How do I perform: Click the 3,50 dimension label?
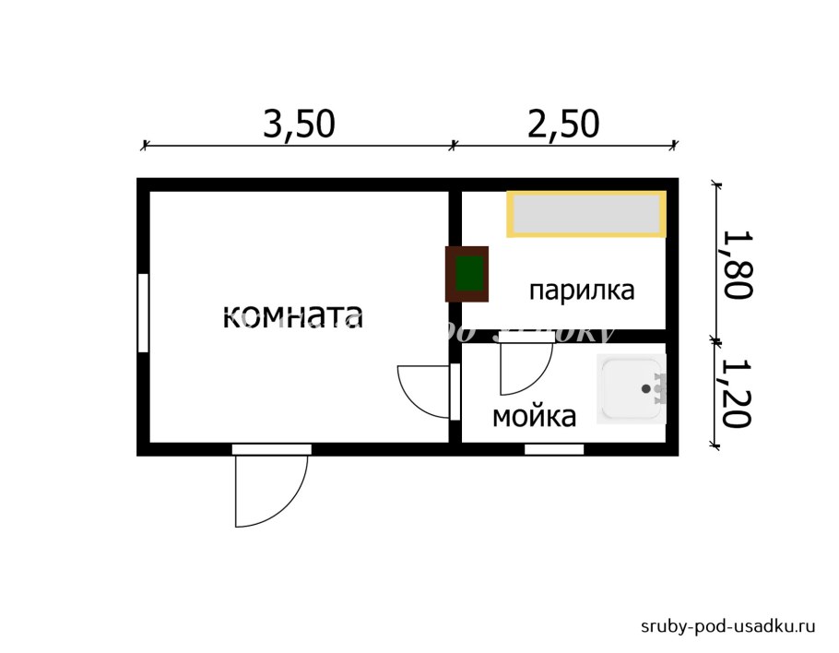299,124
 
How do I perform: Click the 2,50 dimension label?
563,124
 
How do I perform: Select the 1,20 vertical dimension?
738,394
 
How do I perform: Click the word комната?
293,316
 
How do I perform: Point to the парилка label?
582,291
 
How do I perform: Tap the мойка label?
534,417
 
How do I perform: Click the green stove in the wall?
468,274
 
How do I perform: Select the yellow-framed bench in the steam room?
586,214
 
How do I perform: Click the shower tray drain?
645,388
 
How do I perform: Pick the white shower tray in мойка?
631,389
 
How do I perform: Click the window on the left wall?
143,312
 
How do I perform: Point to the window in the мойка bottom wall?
554,449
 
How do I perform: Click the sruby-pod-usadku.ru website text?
728,626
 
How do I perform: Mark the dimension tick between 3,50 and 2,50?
453,145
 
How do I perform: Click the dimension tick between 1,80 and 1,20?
716,340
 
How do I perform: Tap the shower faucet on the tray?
659,388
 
